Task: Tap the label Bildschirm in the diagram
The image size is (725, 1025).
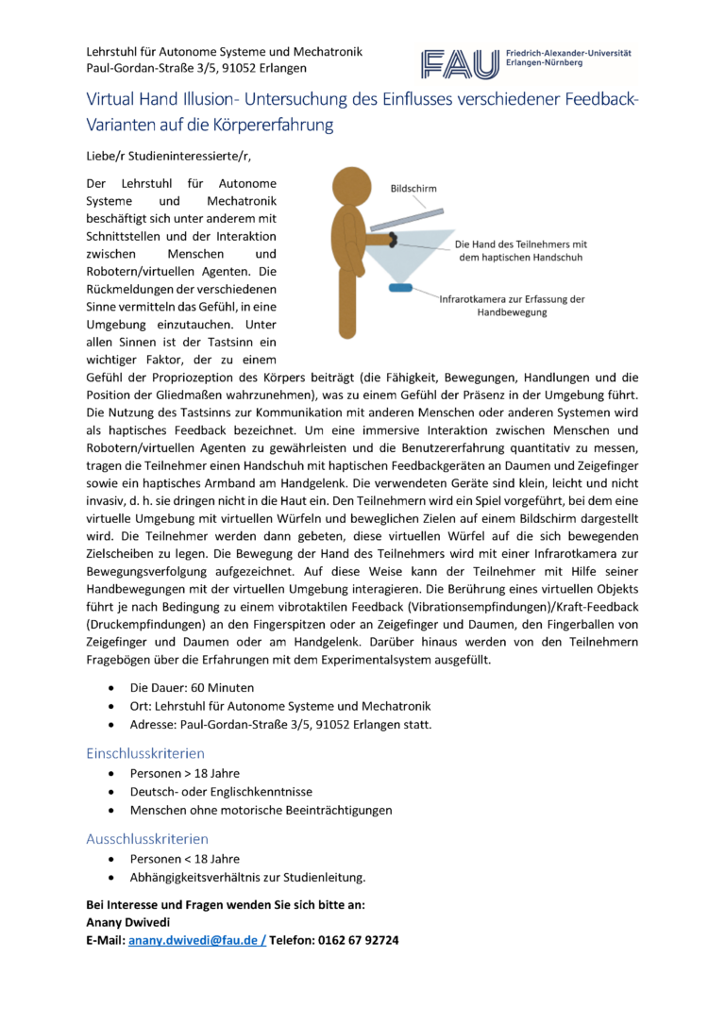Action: click(413, 189)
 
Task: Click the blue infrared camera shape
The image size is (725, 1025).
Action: click(399, 286)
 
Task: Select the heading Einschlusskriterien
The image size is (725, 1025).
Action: click(145, 753)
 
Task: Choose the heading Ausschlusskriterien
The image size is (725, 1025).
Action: click(147, 838)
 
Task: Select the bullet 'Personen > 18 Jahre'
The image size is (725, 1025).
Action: click(184, 773)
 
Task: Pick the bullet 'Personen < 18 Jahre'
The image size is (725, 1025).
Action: click(184, 859)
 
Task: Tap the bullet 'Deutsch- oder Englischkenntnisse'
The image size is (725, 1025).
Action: click(221, 792)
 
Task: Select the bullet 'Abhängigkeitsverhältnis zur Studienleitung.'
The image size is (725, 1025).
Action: click(247, 878)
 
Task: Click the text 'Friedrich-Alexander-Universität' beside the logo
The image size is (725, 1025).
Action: click(569, 55)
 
